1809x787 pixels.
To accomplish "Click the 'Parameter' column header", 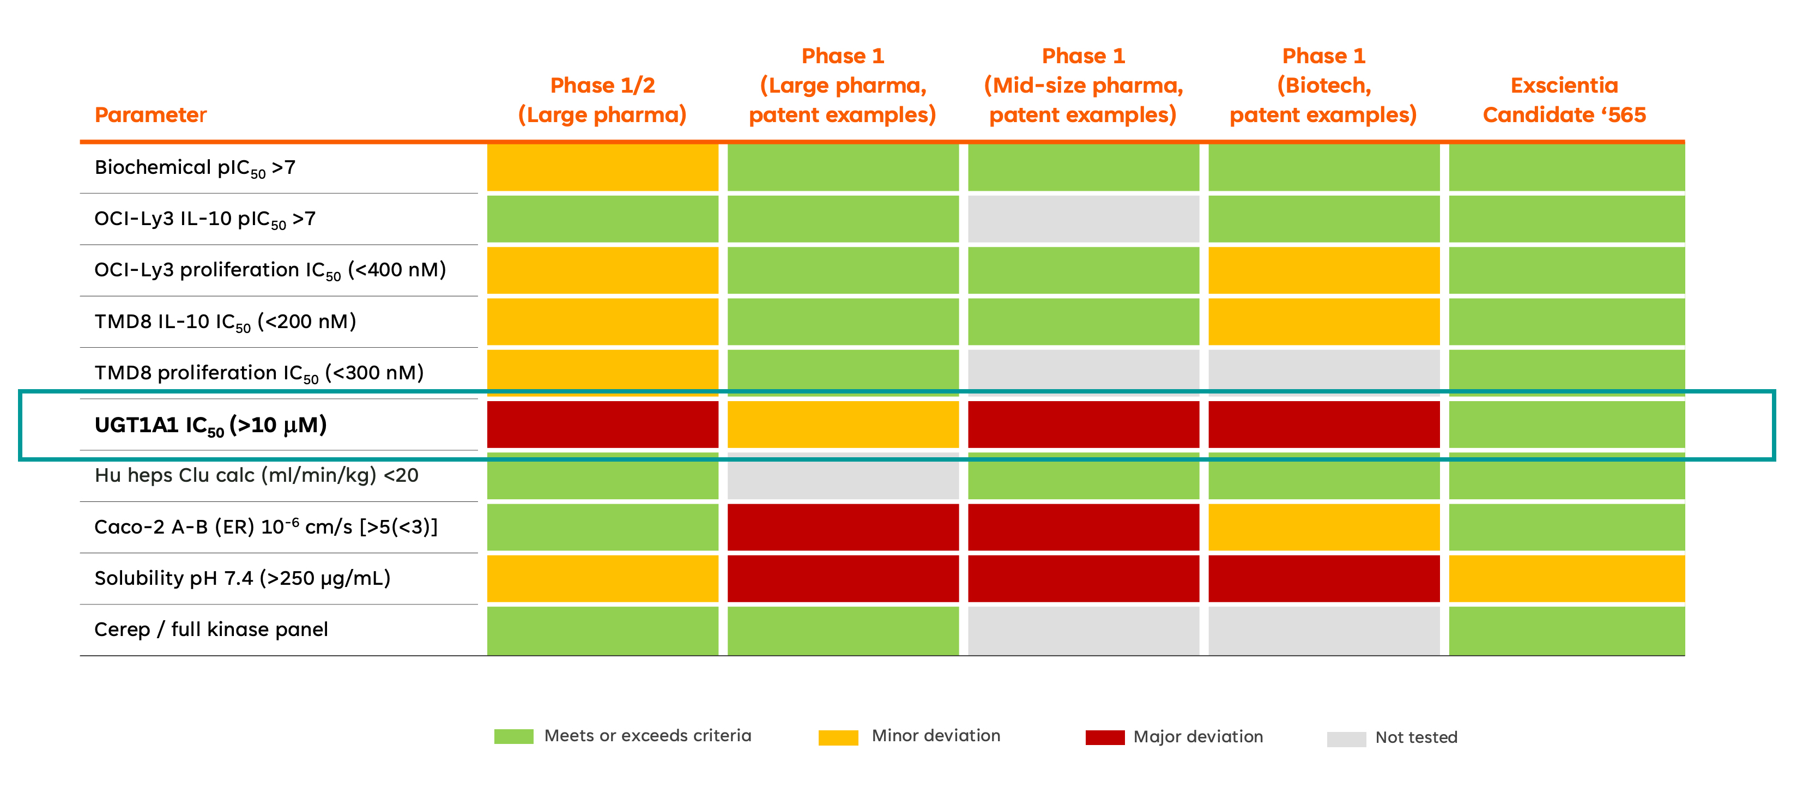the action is coord(150,114).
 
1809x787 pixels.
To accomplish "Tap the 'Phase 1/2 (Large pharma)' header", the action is coord(602,100).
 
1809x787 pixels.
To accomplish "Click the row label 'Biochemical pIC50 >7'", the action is coord(195,168).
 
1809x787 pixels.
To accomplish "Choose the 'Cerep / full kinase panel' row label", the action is coord(211,629).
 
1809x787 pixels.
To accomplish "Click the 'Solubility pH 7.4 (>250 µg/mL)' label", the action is coord(243,578).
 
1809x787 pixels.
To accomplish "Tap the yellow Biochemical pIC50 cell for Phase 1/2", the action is coord(602,167).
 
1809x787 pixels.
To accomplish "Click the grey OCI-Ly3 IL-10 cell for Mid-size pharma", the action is coord(1084,219).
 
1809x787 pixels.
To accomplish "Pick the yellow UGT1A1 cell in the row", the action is coord(843,424).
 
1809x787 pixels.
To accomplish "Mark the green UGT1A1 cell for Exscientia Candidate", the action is coord(1566,424).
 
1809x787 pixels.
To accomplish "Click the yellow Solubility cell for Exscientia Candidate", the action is coord(1566,578).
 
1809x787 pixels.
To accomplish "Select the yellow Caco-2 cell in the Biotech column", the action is coord(1324,527).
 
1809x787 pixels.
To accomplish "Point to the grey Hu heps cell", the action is coord(843,476).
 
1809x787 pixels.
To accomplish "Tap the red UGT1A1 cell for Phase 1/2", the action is coord(602,424).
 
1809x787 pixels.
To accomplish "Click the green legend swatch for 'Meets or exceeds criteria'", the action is coord(513,736).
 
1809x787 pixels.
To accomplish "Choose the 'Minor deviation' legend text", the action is coord(935,735).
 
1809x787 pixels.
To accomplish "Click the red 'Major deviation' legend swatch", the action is coord(1105,737).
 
